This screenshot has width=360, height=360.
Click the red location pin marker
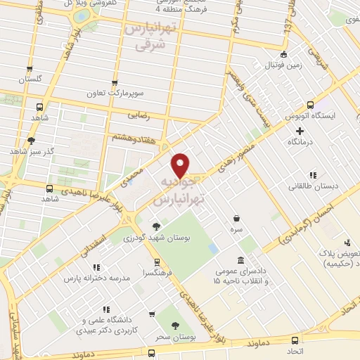point(182,165)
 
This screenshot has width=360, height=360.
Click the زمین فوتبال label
point(264,65)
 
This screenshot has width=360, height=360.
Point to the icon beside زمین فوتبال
point(283,54)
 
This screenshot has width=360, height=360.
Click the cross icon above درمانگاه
point(300,131)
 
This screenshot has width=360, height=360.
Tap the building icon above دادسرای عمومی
point(241,259)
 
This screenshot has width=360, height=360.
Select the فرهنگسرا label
point(153,271)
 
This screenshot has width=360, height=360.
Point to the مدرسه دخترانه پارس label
point(98,278)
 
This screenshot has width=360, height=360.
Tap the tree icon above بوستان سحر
point(174,326)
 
